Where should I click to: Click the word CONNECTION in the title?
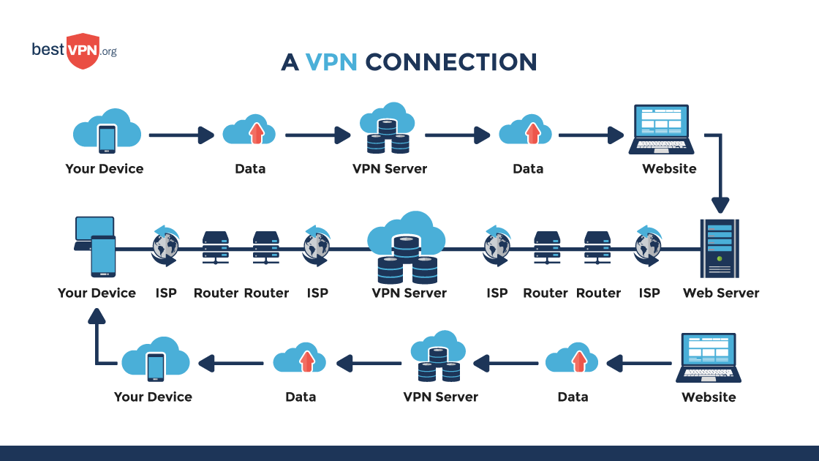[x=450, y=62]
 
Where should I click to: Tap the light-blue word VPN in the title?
[x=331, y=62]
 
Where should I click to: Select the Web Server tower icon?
[x=720, y=249]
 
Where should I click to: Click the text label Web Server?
[x=720, y=293]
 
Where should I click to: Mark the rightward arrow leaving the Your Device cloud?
[x=181, y=135]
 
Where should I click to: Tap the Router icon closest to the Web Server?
[x=597, y=247]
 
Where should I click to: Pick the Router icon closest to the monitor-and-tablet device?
[x=216, y=247]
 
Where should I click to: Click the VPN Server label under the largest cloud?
[x=409, y=293]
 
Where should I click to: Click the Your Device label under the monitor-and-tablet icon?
[x=97, y=293]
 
